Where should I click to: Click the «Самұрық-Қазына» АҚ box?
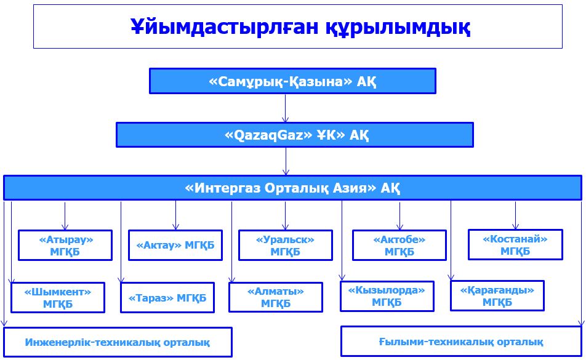point(292,81)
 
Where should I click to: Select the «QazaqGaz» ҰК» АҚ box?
point(294,135)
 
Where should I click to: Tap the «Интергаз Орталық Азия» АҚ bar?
point(292,188)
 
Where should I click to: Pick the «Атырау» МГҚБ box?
point(65,245)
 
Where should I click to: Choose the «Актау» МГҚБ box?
point(175,245)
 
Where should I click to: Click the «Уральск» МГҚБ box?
point(285,245)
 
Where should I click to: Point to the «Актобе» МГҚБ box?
point(399,245)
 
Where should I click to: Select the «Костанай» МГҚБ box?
point(515,244)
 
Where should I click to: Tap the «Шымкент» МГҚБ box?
point(58,298)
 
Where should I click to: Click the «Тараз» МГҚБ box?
point(167,298)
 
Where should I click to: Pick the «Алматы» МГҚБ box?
point(275,297)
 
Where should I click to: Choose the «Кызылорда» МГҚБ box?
point(387,296)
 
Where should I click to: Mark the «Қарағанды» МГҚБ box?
point(497,296)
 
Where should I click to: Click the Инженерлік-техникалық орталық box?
point(118,342)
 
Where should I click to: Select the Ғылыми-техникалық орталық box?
point(461,342)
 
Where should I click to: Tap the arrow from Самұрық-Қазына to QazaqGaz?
point(285,108)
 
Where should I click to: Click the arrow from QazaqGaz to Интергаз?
point(286,161)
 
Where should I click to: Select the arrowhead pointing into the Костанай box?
point(515,226)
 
